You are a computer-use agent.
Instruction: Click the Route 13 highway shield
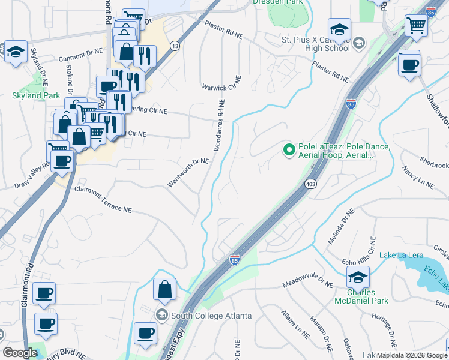coord(175,46)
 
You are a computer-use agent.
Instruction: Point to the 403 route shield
coord(310,184)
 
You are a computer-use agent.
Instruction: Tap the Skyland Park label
coord(35,95)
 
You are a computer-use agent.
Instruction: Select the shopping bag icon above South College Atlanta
coord(164,289)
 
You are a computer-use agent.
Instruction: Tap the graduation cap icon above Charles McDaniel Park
coord(358,278)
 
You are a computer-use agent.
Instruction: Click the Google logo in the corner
coord(20,353)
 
